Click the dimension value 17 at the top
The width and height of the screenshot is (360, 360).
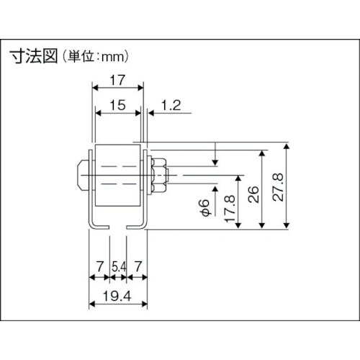pyautogui.click(x=118, y=81)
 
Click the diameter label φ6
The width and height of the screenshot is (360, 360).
pyautogui.click(x=204, y=207)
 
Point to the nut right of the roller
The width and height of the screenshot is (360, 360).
pyautogui.click(x=159, y=174)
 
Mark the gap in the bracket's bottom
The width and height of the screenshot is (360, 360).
pyautogui.click(x=118, y=228)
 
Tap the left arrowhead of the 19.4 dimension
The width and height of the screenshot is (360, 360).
pyautogui.click(x=92, y=305)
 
